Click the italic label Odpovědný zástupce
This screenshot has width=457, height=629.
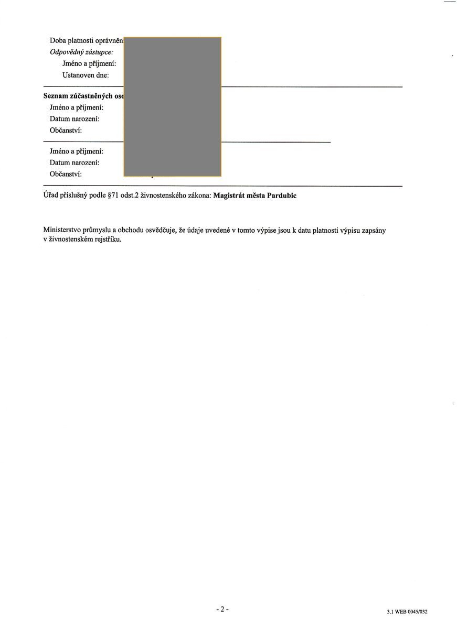(81, 52)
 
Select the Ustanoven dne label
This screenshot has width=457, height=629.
(86, 75)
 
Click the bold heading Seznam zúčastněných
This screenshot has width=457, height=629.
(83, 96)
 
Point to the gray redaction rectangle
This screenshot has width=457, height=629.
(172, 106)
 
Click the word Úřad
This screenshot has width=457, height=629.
(51, 196)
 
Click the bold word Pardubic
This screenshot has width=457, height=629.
(282, 196)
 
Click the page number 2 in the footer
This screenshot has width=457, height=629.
(222, 609)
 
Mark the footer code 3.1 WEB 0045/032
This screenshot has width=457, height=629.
(407, 612)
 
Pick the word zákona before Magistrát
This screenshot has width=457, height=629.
(199, 196)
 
